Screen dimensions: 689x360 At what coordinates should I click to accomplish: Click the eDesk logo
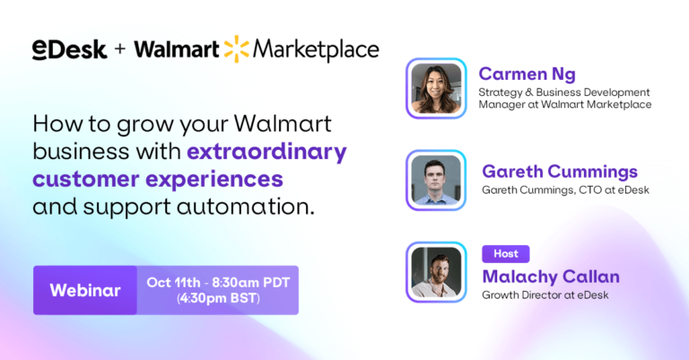click(x=69, y=49)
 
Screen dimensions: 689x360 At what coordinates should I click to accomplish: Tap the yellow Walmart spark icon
click(x=237, y=48)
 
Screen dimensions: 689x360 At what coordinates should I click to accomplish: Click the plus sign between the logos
click(x=120, y=48)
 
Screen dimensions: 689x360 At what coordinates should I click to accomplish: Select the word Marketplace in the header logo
click(x=316, y=49)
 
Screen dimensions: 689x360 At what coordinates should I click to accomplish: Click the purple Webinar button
click(x=85, y=290)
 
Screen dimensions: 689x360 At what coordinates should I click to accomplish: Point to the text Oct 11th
click(x=173, y=282)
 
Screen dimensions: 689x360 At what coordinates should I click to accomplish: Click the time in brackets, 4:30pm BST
click(x=218, y=298)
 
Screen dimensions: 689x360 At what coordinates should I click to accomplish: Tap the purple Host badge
click(x=506, y=254)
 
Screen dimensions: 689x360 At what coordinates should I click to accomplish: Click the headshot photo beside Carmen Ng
click(x=436, y=88)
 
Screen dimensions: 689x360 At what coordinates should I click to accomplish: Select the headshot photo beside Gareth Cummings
click(x=436, y=180)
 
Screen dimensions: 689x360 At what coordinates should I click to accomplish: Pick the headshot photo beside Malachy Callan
click(x=436, y=272)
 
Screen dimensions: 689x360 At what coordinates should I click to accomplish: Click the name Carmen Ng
click(x=527, y=74)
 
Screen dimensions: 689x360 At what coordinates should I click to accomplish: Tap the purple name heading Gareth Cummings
click(x=560, y=171)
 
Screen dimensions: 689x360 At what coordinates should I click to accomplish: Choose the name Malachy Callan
click(x=551, y=277)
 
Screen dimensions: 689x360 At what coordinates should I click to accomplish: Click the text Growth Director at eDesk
click(x=545, y=295)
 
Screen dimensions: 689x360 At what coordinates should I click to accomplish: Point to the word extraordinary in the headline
click(x=266, y=152)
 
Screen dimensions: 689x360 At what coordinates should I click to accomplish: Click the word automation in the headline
click(x=246, y=206)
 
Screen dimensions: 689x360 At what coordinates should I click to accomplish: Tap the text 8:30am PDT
click(x=251, y=282)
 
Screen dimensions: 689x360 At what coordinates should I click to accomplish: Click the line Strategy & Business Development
click(x=564, y=92)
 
